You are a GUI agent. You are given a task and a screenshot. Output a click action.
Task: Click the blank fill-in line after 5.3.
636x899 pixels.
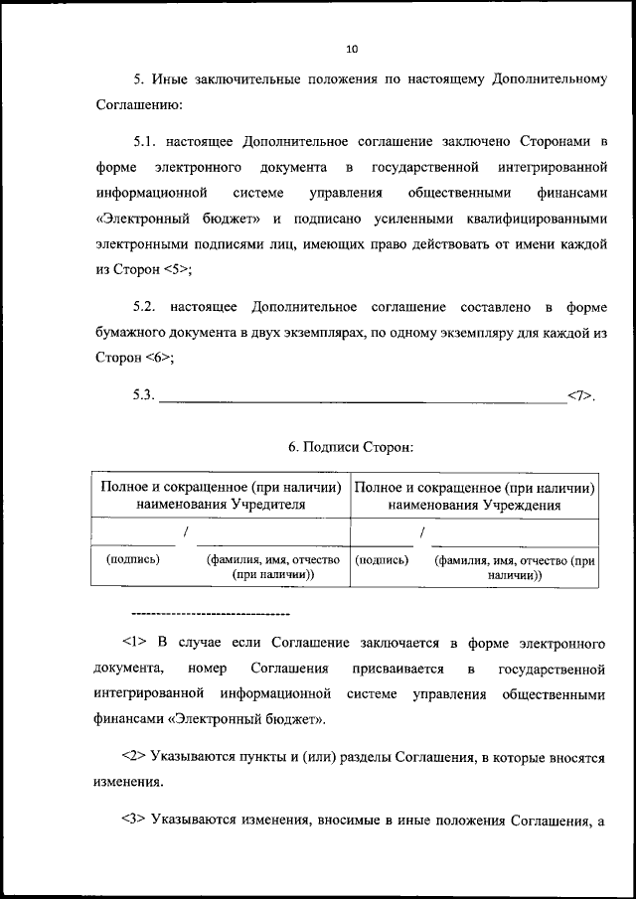pos(362,396)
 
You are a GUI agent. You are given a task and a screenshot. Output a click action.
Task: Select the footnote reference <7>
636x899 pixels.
pos(579,396)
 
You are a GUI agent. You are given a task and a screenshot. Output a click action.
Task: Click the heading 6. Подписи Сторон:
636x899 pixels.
pos(351,448)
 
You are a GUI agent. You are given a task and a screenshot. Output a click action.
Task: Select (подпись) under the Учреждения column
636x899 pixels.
pos(382,560)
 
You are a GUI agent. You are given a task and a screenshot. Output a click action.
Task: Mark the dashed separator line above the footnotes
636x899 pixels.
pos(210,613)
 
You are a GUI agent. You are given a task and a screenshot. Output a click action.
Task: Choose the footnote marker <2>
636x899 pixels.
pos(134,757)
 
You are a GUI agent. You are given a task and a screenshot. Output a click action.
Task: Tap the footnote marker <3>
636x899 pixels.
pos(134,821)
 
